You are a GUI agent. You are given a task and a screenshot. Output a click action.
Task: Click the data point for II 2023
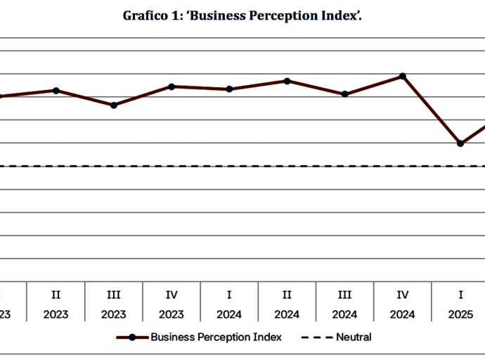(x=56, y=90)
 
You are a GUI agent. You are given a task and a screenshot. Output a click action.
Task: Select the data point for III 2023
(x=114, y=105)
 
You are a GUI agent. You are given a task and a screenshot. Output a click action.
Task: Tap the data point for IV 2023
(x=172, y=86)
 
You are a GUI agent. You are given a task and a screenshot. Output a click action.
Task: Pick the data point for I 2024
(x=230, y=89)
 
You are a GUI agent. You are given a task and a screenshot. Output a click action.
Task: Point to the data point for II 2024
(x=287, y=81)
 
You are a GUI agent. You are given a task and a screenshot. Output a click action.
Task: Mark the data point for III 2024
(x=345, y=94)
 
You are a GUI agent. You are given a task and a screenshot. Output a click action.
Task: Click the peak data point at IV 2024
(x=403, y=76)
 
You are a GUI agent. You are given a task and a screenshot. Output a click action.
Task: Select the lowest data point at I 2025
(x=460, y=143)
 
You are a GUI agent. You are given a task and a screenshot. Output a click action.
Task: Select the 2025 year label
(x=460, y=314)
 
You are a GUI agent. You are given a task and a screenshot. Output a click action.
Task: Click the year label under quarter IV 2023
(x=172, y=314)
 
